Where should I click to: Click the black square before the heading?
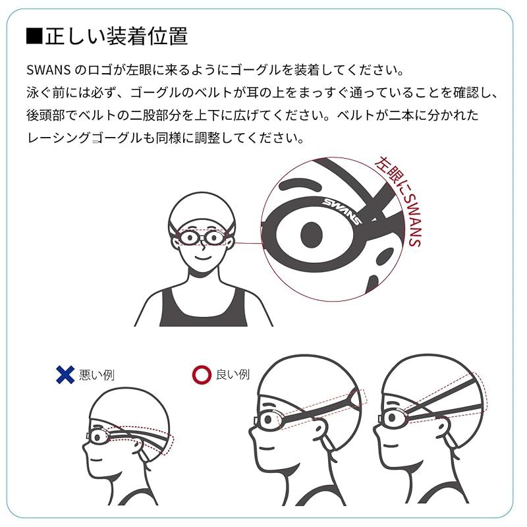tap(34, 36)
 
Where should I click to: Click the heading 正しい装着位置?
tap(117, 36)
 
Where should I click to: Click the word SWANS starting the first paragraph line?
tap(48, 70)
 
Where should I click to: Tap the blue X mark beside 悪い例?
tap(65, 374)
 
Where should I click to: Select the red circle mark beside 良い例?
tap(202, 374)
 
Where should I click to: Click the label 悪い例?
tap(97, 375)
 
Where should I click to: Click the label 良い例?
tap(233, 374)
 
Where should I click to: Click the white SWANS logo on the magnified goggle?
tap(341, 211)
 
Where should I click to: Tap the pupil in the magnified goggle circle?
tap(312, 235)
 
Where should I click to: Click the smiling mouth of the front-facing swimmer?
tap(203, 258)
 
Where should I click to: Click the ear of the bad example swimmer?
tap(140, 448)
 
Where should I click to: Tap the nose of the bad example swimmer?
tap(86, 448)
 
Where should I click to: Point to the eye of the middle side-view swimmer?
tap(268, 419)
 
